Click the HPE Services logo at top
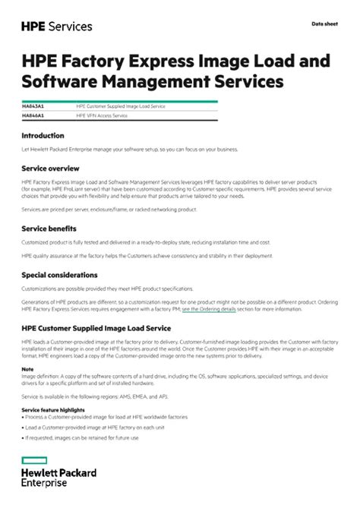coord(57,26)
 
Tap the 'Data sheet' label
coord(324,24)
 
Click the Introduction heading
coord(43,136)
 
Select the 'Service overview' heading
coord(50,168)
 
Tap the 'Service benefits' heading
coord(49,227)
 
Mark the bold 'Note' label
coord(27,369)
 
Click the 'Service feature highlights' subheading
coord(52,409)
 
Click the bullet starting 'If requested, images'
coord(81,437)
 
